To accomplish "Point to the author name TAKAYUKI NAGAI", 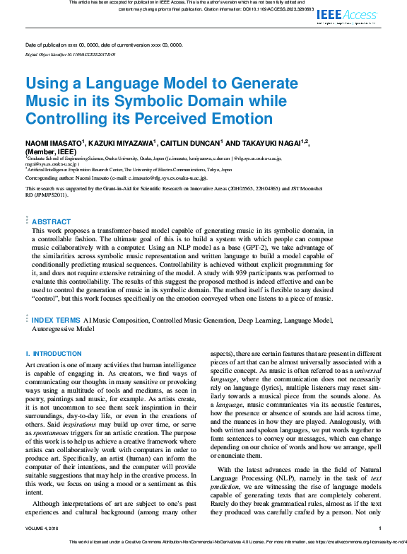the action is click(x=270, y=144).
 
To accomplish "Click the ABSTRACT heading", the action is click(x=52, y=221).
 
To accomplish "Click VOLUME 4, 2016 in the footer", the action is click(x=45, y=528).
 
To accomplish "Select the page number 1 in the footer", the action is click(x=380, y=528).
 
